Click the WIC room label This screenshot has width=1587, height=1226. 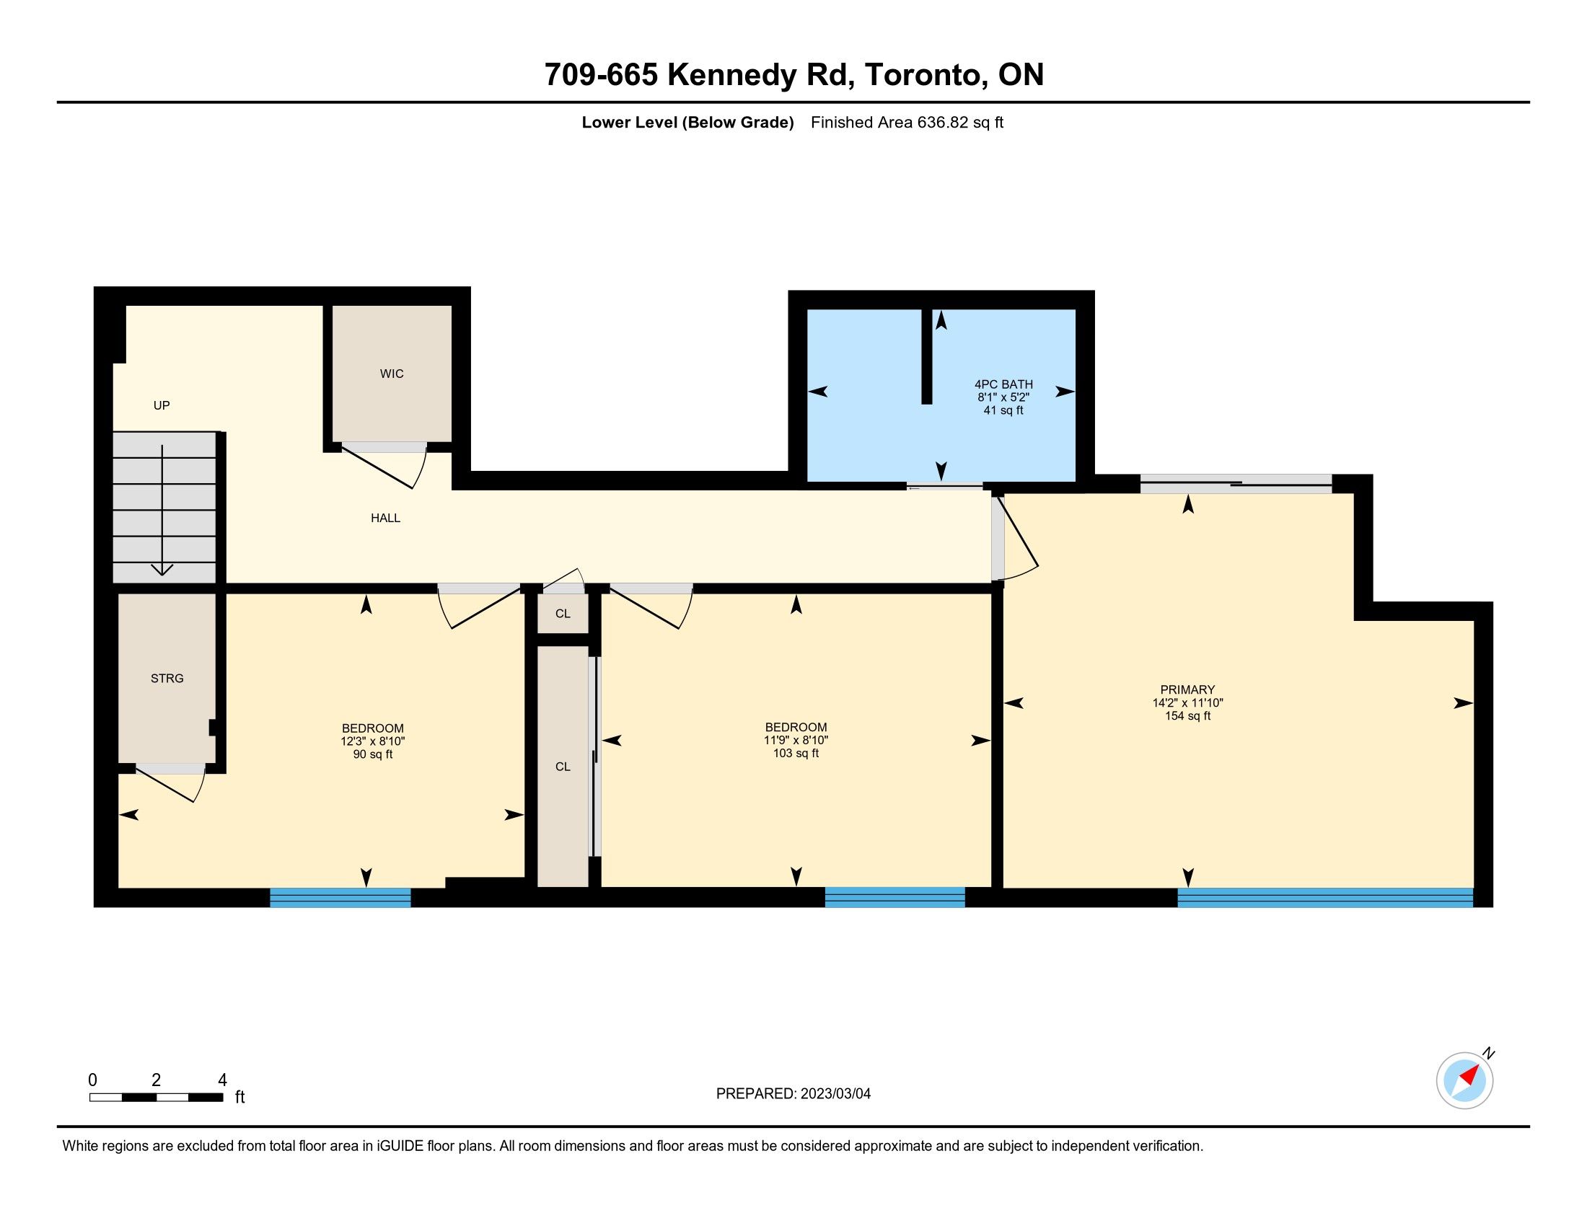[392, 374]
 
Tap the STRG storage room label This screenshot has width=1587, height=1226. [167, 679]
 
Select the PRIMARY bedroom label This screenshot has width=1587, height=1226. [1187, 690]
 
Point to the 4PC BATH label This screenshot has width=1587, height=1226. [1003, 384]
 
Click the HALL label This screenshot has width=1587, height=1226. [386, 519]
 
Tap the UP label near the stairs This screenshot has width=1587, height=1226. [162, 405]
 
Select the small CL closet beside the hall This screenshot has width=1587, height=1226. [563, 614]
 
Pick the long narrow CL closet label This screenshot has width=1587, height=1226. [563, 767]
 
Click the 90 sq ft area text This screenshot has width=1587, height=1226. [373, 754]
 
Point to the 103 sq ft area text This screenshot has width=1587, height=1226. [796, 753]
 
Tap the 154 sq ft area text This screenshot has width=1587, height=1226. [1187, 716]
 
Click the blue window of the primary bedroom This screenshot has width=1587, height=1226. [1324, 897]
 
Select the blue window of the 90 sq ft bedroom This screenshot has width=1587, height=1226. [340, 898]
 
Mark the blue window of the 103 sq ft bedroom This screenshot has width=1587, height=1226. [894, 897]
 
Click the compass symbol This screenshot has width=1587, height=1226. [1464, 1080]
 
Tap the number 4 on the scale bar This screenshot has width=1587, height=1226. [222, 1080]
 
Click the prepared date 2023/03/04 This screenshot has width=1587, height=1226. [835, 1094]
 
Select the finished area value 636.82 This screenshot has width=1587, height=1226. [943, 122]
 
